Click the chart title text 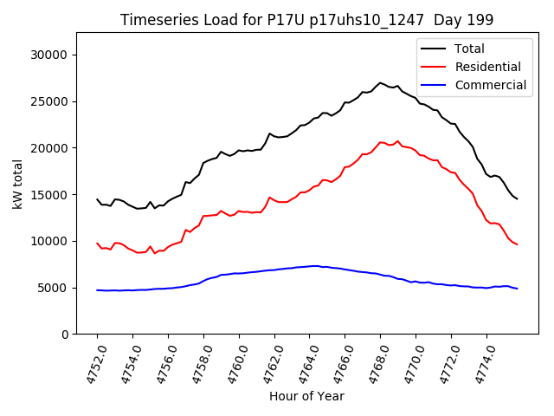click(307, 20)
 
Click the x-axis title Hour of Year click(306, 396)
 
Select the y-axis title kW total click(18, 184)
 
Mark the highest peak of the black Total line click(380, 83)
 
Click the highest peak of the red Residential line click(398, 141)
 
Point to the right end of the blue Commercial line click(517, 288)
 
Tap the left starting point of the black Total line click(97, 199)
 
